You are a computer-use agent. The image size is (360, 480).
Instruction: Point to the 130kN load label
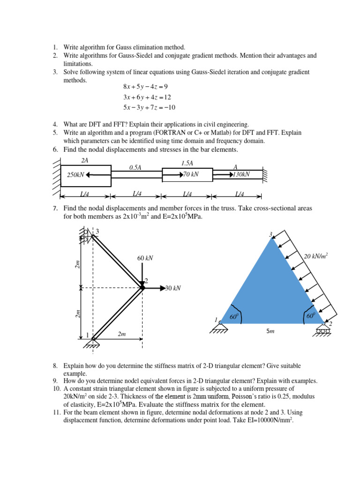[242, 174]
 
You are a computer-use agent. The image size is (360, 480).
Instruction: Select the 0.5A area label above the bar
[135, 167]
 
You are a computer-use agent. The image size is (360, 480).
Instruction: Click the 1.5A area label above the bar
[187, 163]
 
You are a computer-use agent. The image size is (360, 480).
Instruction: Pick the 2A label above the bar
[85, 160]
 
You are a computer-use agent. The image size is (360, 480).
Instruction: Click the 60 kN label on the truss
[145, 258]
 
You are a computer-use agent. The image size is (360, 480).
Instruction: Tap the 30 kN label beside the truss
[172, 288]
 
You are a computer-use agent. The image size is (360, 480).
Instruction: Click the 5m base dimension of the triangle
[270, 331]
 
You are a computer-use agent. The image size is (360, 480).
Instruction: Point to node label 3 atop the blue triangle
[270, 234]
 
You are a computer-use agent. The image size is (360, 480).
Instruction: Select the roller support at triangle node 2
[324, 330]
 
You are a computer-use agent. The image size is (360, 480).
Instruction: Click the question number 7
[55, 208]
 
